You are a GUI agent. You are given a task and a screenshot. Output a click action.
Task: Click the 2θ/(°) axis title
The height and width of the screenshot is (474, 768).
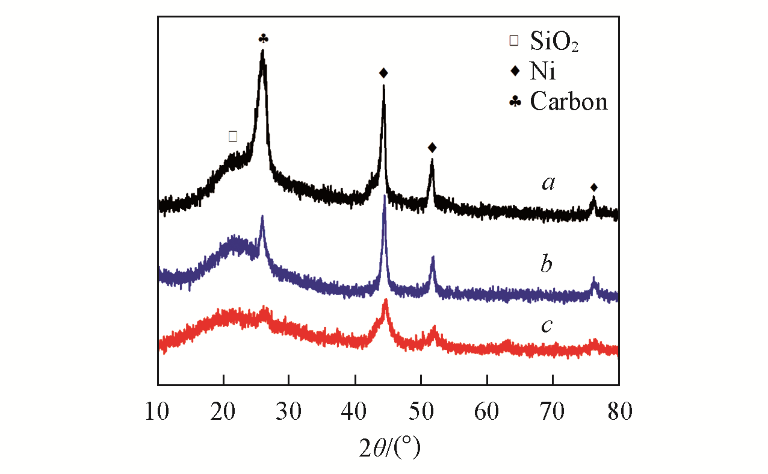pos(388,447)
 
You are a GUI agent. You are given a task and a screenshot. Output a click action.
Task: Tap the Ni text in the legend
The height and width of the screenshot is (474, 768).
pos(543,72)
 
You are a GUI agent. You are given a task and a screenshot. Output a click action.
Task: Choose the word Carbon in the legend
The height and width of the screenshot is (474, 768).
pos(569,102)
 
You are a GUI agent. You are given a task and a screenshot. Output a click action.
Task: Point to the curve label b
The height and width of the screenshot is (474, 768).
pos(546,264)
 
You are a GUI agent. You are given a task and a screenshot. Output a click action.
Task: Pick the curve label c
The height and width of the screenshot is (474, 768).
pos(547,325)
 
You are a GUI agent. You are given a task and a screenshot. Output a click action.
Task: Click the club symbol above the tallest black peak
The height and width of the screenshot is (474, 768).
pos(263,39)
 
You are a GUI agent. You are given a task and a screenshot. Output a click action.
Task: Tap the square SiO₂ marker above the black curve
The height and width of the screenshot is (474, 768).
pos(233,136)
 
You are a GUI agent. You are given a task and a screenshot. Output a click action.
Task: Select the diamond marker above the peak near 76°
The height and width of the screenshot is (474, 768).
pos(594,187)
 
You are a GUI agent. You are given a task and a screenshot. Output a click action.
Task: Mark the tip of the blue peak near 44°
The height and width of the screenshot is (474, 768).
pos(385,196)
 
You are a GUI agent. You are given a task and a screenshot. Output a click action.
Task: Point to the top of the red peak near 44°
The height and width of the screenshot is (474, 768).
pos(386,300)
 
